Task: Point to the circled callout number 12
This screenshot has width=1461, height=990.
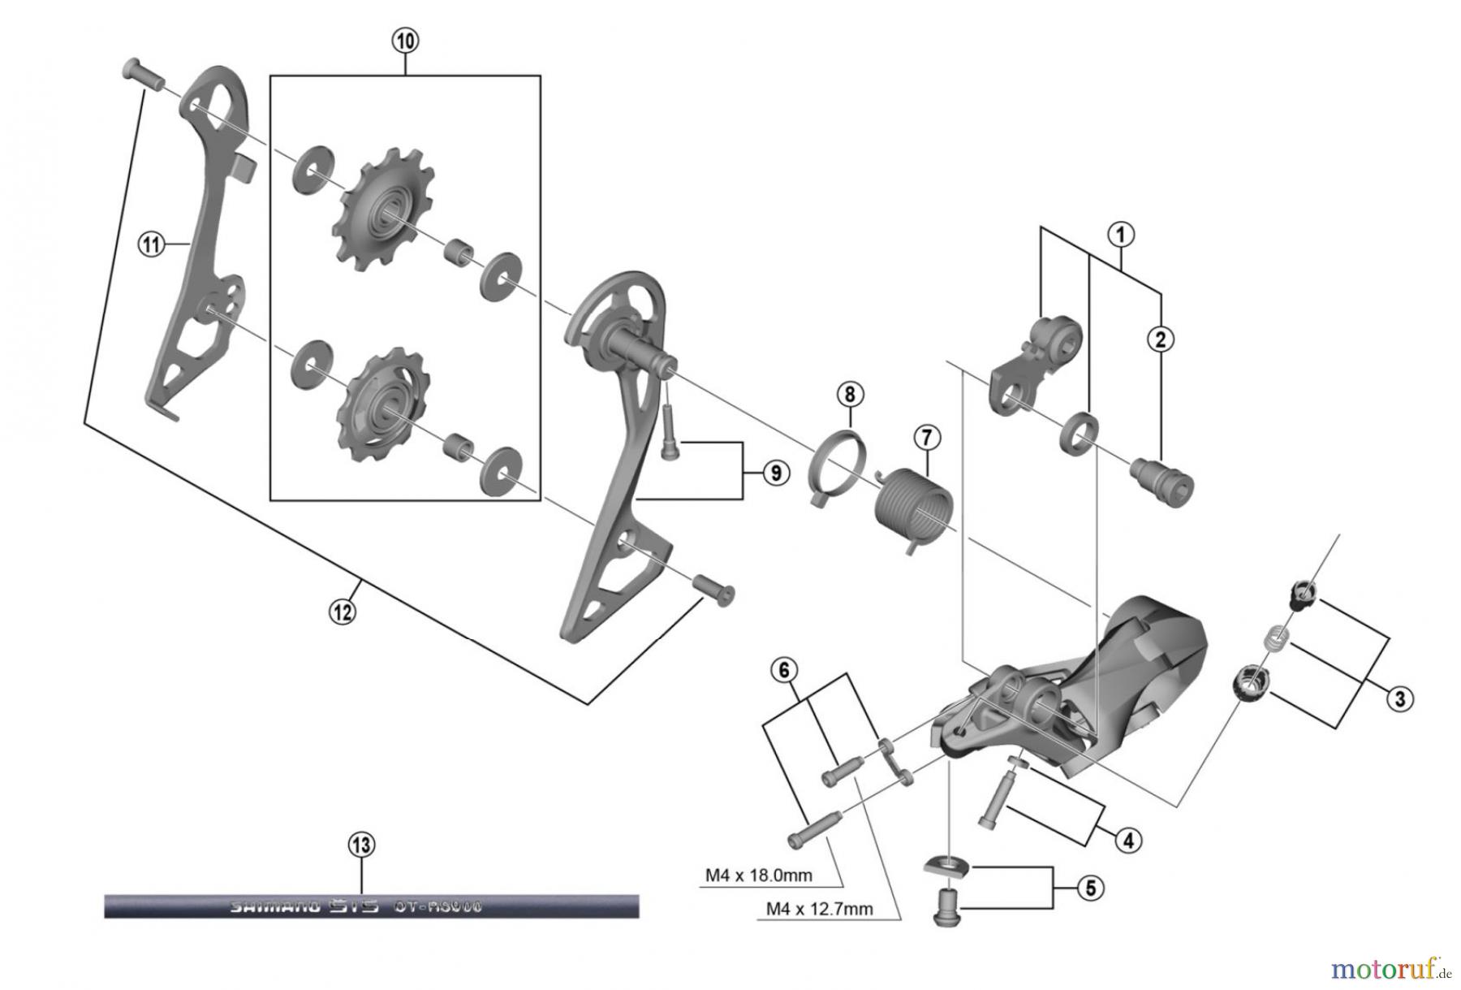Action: coord(342,610)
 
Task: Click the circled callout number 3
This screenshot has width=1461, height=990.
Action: coord(1399,698)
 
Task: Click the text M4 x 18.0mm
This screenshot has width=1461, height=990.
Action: coord(758,875)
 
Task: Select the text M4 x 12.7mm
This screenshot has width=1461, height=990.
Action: coord(819,909)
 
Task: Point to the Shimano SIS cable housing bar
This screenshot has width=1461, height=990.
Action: coord(371,906)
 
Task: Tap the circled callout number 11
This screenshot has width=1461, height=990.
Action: coord(151,243)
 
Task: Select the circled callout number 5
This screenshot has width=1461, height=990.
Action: coord(1090,888)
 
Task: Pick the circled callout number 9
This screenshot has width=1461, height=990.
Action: coord(775,472)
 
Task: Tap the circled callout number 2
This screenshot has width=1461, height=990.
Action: coord(1160,339)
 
